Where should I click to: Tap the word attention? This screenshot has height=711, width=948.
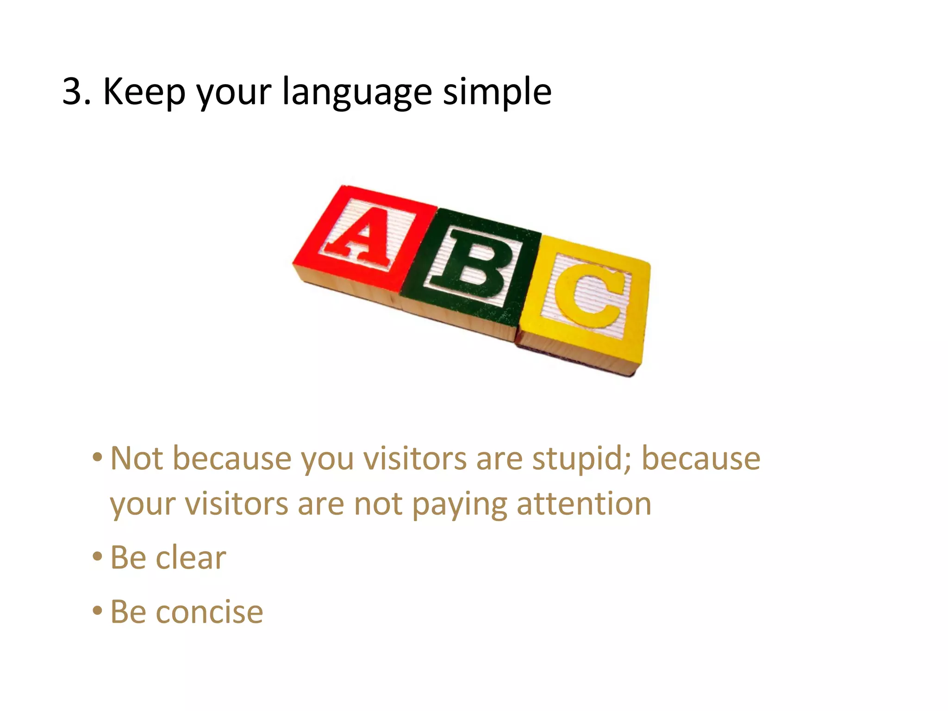[584, 504]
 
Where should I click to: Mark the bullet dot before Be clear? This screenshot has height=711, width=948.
[97, 556]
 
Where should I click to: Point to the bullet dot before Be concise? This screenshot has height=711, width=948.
[97, 611]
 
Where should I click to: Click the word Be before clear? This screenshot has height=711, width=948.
[128, 557]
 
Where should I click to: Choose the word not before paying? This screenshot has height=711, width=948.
[378, 504]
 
